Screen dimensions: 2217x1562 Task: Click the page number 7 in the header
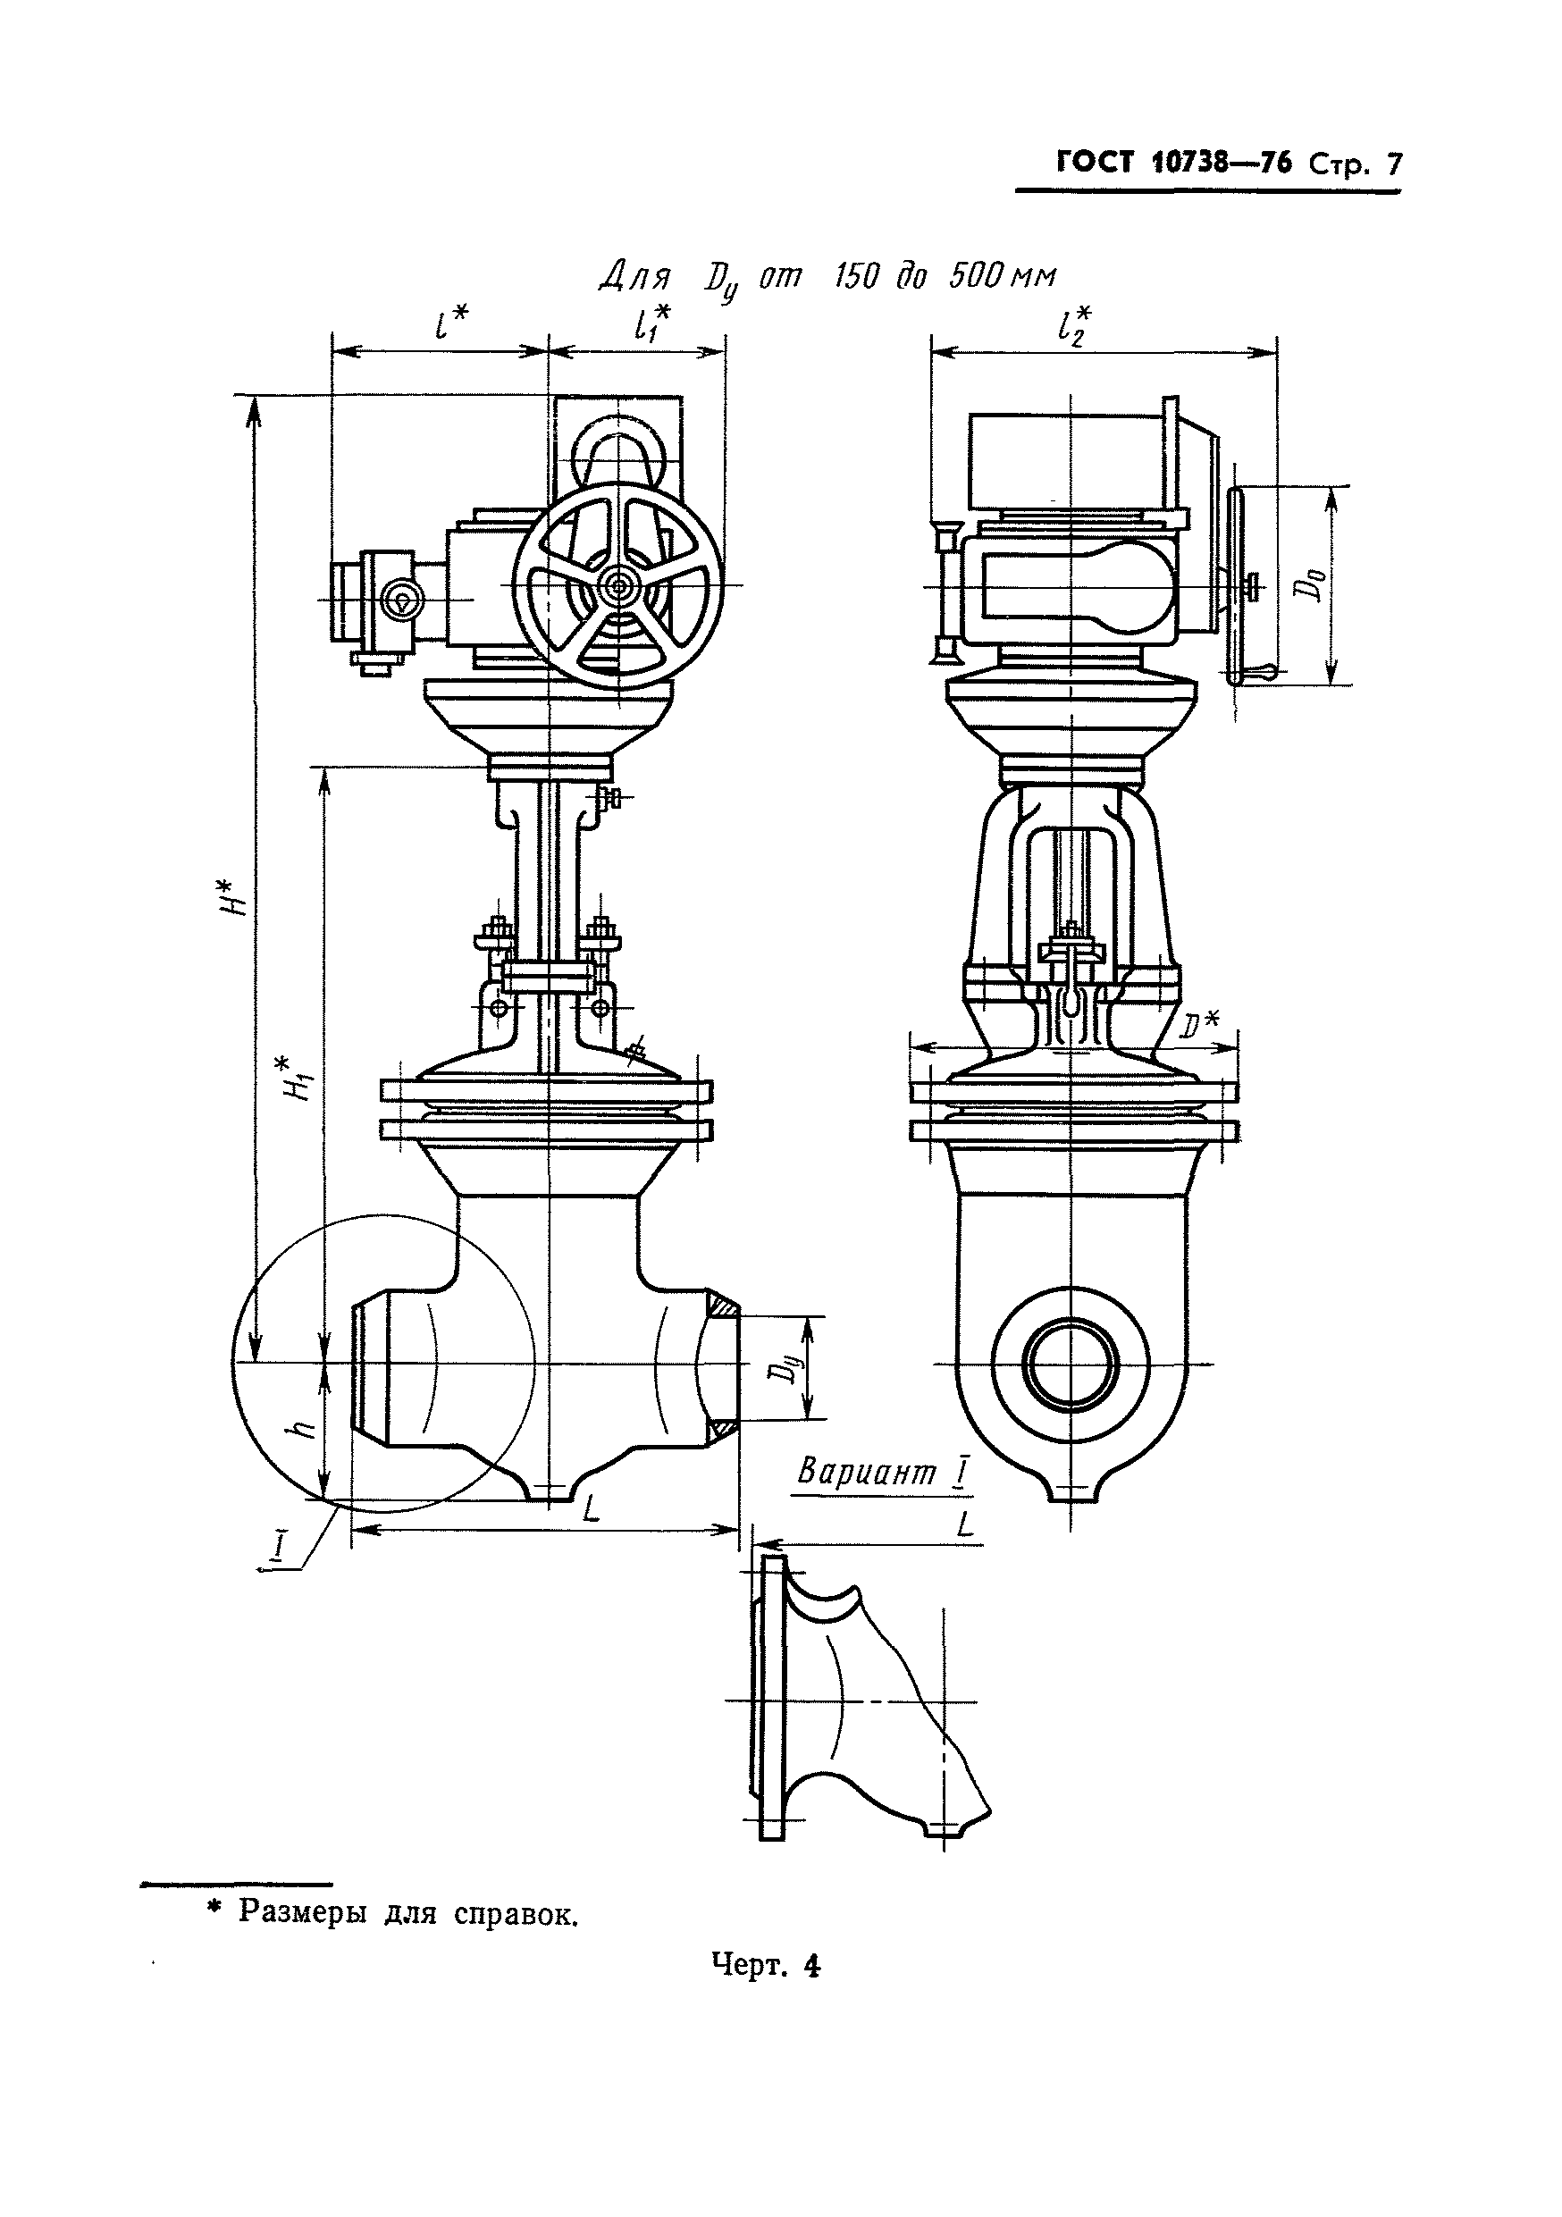pos(1393,164)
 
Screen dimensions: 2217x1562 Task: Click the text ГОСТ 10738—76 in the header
pos(1174,163)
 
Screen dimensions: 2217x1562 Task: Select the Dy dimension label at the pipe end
pos(790,1369)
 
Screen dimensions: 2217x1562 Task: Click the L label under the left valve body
pos(591,1508)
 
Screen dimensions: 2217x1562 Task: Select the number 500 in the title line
pos(978,277)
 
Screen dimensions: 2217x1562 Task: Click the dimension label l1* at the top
pos(653,325)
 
